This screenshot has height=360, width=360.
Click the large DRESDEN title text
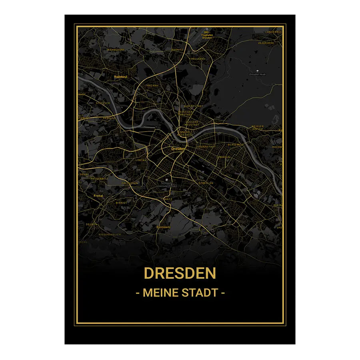pyautogui.click(x=180, y=274)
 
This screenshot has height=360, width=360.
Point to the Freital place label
pyautogui.click(x=98, y=196)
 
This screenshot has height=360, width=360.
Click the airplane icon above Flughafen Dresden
pyautogui.click(x=207, y=29)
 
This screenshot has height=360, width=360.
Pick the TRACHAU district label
pyautogui.click(x=152, y=86)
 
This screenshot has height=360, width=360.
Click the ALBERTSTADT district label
pyautogui.click(x=194, y=106)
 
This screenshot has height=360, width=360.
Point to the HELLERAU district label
pyautogui.click(x=198, y=58)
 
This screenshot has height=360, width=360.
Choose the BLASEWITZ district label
pyautogui.click(x=236, y=144)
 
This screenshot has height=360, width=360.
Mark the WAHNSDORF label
pyautogui.click(x=116, y=50)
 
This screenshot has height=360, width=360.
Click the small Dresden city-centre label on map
pyautogui.click(x=178, y=149)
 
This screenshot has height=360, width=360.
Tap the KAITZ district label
pyautogui.click(x=168, y=199)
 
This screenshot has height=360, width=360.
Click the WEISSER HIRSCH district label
pyautogui.click(x=258, y=128)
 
